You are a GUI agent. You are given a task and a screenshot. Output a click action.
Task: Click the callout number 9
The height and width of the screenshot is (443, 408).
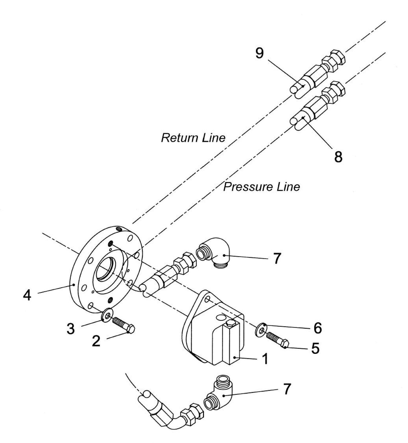pos(259,53)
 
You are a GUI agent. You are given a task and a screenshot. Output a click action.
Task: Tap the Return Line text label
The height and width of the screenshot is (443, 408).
pos(193,138)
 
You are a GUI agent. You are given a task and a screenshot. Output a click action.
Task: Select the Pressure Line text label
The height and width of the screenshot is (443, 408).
pos(261,187)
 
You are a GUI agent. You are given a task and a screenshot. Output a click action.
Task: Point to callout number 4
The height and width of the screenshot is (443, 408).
pos(27,296)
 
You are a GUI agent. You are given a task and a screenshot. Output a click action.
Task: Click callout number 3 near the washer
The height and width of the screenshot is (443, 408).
pos(71,329)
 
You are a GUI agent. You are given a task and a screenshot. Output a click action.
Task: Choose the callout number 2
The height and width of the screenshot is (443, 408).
pos(96,341)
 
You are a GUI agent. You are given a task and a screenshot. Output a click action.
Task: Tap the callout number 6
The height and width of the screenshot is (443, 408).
pos(318,328)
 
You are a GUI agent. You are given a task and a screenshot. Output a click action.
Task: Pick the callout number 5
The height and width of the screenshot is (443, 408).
pos(315,348)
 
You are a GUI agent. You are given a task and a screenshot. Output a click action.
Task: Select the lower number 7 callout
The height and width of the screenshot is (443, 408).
pos(286,390)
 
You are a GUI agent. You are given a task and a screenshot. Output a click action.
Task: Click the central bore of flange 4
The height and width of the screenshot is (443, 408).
pos(106,271)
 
